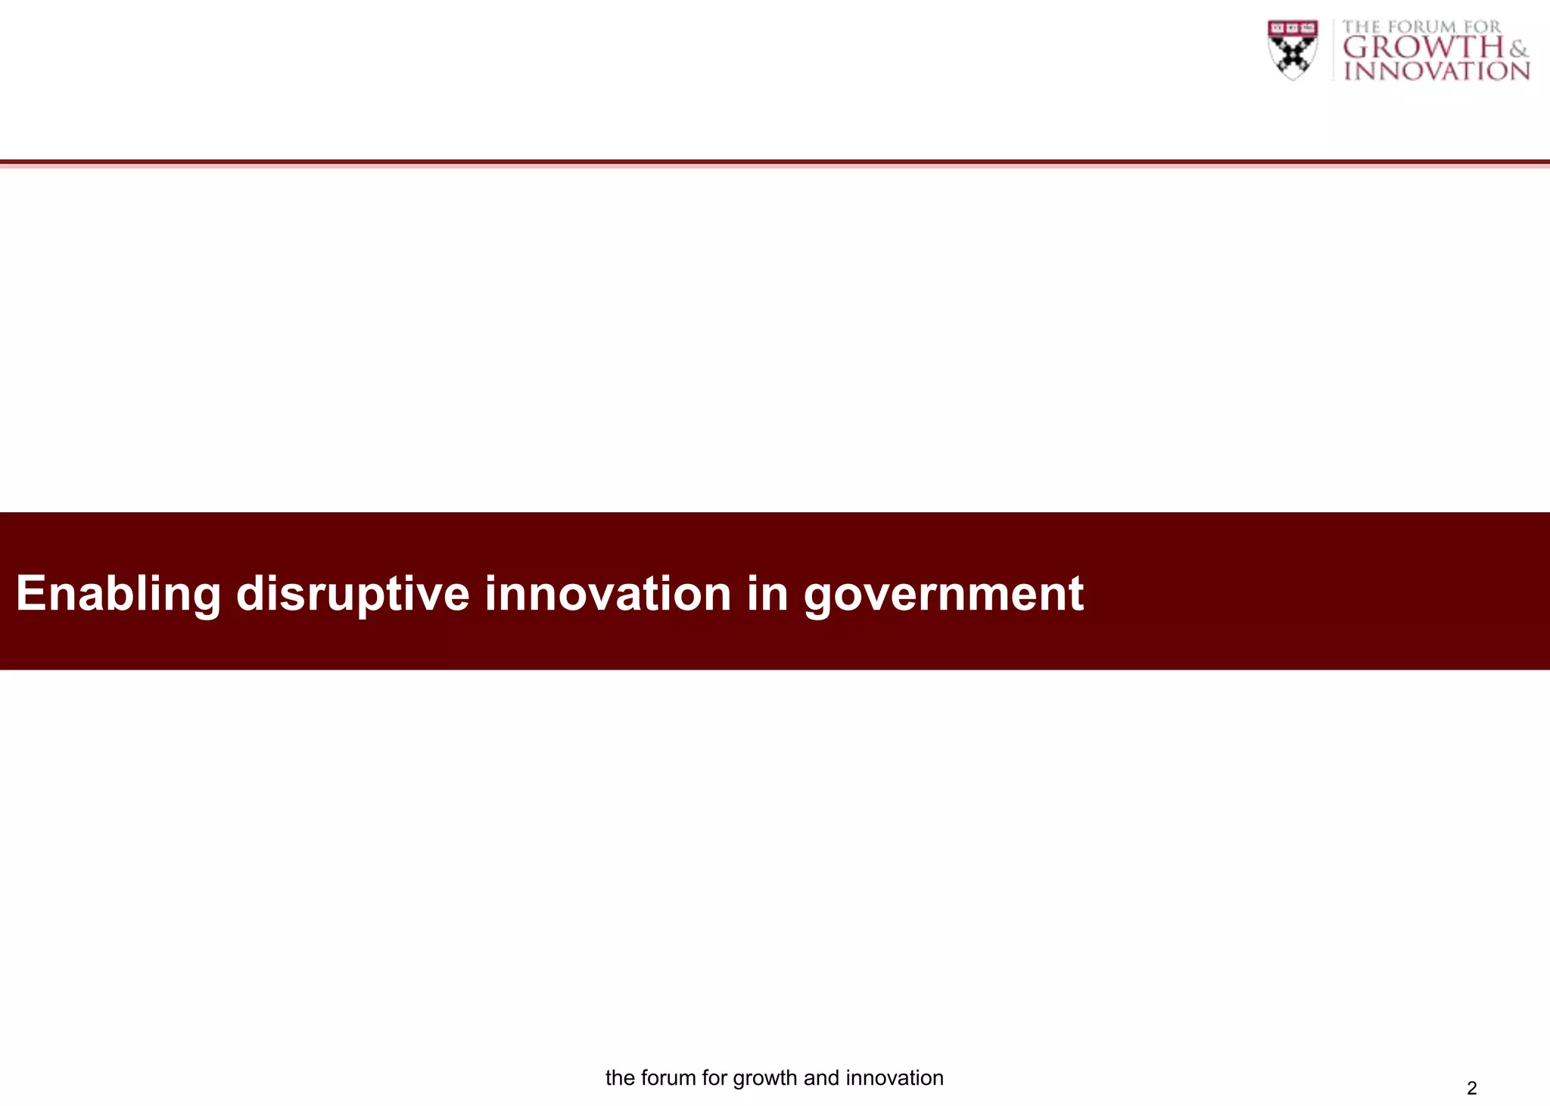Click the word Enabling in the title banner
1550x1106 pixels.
point(118,594)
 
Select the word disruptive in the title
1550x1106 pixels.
point(353,594)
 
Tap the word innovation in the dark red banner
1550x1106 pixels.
point(608,592)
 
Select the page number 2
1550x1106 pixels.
point(1471,1088)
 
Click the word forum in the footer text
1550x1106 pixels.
point(668,1077)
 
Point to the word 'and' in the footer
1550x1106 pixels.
point(821,1077)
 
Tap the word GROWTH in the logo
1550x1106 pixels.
point(1424,48)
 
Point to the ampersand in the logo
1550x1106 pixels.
point(1518,50)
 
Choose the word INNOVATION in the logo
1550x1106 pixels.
point(1436,71)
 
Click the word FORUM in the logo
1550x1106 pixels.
point(1424,27)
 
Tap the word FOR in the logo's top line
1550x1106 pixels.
point(1482,27)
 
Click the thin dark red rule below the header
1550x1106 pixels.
point(775,162)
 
